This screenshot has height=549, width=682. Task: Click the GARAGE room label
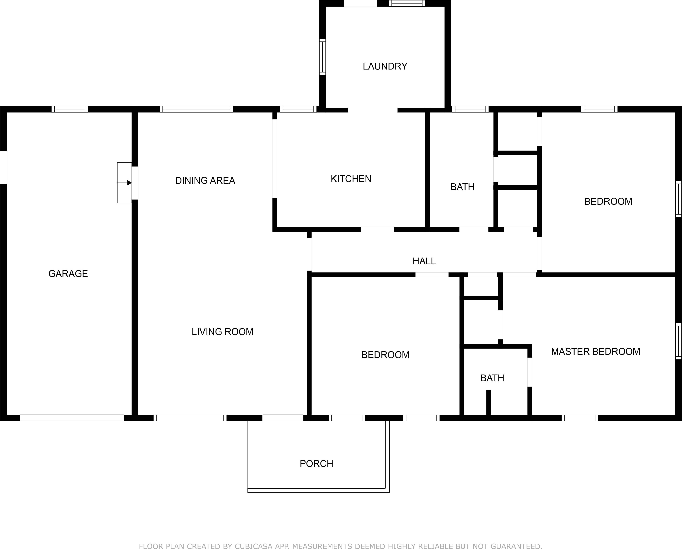pos(68,274)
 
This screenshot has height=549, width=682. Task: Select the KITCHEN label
pos(351,179)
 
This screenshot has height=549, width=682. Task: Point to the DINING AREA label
pos(205,181)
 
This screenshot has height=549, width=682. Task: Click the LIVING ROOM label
pos(222,332)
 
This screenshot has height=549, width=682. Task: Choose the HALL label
pos(424,261)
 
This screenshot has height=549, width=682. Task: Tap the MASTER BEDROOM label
pos(595,351)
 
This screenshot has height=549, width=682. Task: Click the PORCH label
pos(316,464)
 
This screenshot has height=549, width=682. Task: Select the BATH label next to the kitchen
pos(462,187)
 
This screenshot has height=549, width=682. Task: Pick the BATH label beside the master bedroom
pos(492,378)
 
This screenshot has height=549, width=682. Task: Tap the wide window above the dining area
pos(196,109)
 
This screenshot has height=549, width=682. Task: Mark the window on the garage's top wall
pos(70,109)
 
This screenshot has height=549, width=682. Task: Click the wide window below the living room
pos(190,418)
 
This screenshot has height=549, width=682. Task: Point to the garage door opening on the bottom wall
pos(72,418)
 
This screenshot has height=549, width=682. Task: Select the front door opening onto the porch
pos(283,418)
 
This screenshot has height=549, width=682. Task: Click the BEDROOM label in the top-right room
pos(608,202)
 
